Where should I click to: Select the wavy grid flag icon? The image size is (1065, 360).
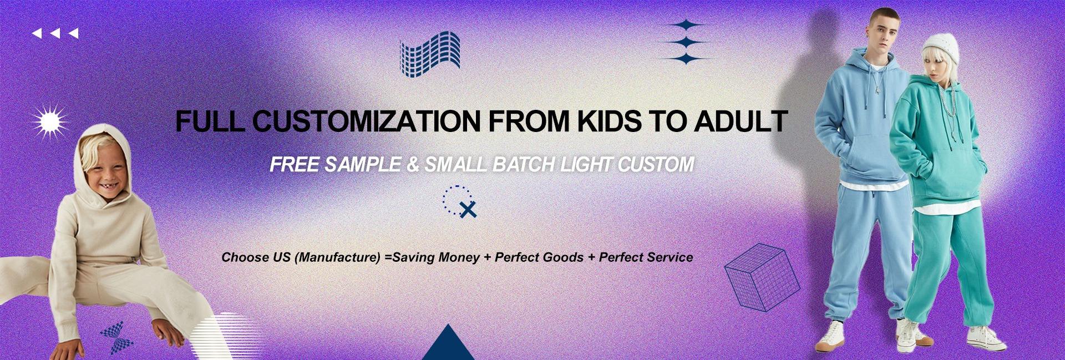click(430, 54)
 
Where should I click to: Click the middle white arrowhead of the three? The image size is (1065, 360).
click(55, 34)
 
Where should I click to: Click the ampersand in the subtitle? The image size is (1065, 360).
click(413, 164)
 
